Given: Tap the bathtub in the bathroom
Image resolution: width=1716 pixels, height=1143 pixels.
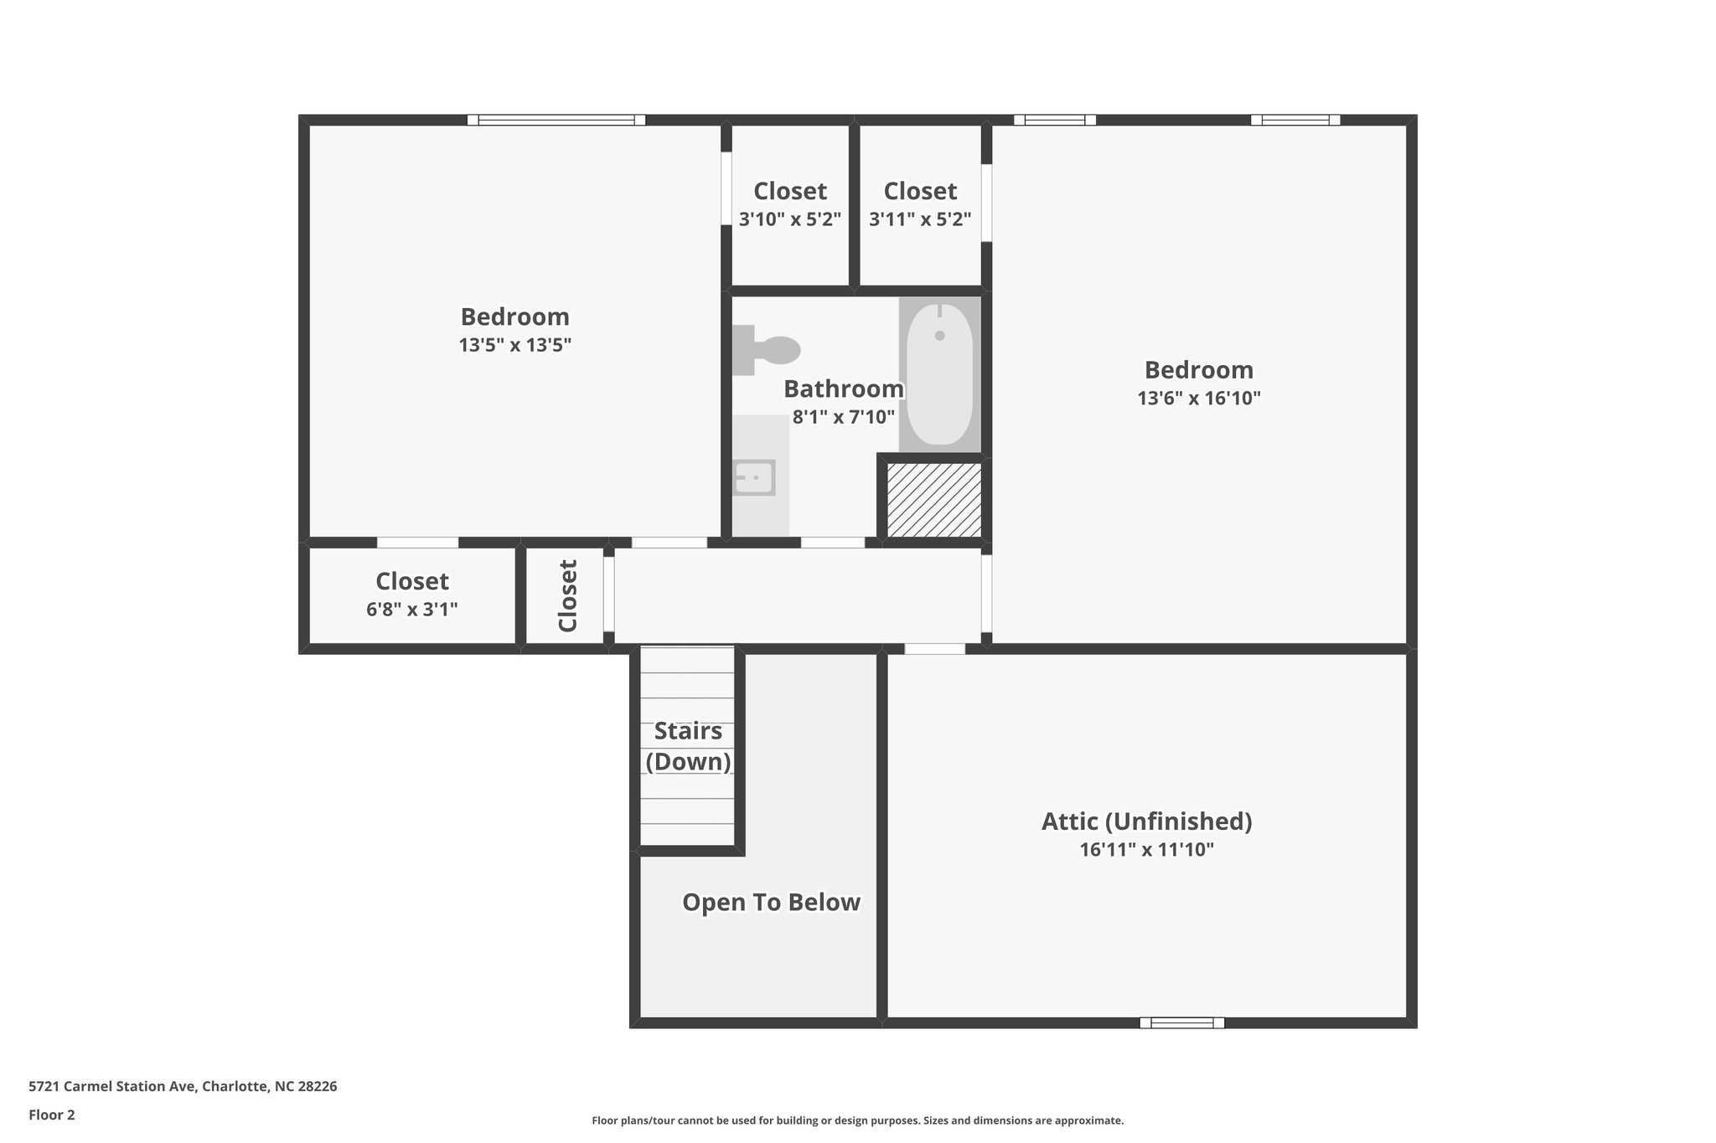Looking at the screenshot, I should pos(939,373).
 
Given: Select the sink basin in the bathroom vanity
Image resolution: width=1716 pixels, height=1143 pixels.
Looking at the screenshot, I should pos(753,477).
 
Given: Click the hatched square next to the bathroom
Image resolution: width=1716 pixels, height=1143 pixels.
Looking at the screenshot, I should pos(934,500).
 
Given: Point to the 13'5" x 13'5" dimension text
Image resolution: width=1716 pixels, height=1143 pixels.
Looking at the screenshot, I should pos(514,345).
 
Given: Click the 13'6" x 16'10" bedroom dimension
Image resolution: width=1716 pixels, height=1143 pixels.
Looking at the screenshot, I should pos(1198,398).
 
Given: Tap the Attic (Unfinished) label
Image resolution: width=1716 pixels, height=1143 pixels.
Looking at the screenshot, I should pos(1146,821).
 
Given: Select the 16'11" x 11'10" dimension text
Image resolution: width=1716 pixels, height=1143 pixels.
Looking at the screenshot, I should pos(1146,850).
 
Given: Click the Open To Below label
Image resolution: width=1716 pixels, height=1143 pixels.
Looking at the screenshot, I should pos(771,902).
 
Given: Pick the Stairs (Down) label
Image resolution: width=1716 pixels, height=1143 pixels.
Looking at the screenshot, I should pos(688,746).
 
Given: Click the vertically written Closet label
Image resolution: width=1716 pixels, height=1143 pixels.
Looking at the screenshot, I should pos(567,595).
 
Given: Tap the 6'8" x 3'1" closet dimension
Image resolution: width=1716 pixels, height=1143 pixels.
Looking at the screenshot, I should pos(411,610).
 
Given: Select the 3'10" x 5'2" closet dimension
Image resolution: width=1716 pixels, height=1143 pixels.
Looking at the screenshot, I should pos(789,219).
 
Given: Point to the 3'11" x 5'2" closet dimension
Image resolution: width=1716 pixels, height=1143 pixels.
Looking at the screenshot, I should pos(920,219).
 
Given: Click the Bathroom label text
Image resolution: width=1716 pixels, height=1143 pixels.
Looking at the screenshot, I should pos(843,389).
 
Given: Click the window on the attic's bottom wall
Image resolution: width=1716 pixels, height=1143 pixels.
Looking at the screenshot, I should pos(1181,1022).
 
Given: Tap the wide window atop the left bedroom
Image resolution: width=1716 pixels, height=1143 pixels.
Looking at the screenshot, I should pos(556,120).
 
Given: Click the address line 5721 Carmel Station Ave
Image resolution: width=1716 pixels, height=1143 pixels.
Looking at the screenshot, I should pos(183,1086).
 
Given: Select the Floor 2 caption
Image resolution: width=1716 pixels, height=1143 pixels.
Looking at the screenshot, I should pos(52,1115).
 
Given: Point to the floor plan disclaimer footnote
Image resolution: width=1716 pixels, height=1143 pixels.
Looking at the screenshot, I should pos(857,1120).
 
